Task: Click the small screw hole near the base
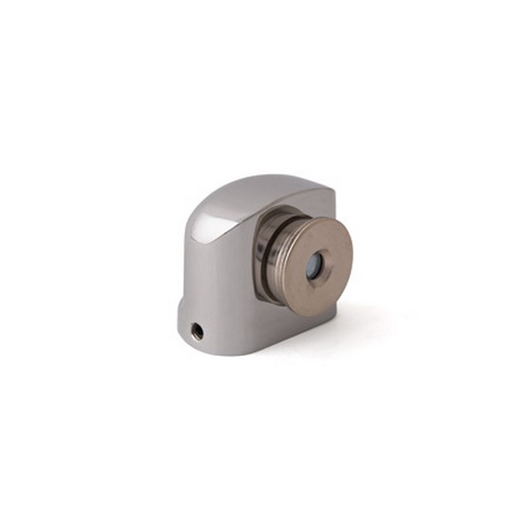point(197,331)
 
